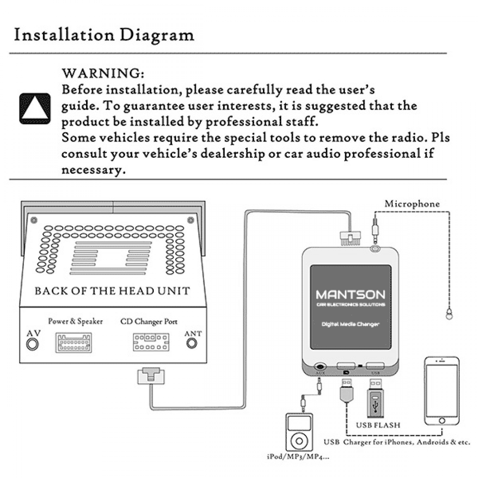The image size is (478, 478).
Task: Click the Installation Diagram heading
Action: (104, 35)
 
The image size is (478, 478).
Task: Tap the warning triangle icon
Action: (35, 108)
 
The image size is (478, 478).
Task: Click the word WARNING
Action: (103, 73)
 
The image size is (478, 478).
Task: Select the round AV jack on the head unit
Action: (33, 344)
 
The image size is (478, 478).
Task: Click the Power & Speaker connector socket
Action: (73, 343)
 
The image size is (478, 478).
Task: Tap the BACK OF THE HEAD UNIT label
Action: (112, 291)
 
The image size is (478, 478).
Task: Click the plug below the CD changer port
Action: (150, 375)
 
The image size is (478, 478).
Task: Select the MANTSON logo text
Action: (350, 295)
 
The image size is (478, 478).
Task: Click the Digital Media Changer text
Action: (350, 324)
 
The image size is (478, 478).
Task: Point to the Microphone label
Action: (412, 204)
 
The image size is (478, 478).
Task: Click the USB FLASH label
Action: (378, 425)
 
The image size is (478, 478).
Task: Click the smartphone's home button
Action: (442, 421)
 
